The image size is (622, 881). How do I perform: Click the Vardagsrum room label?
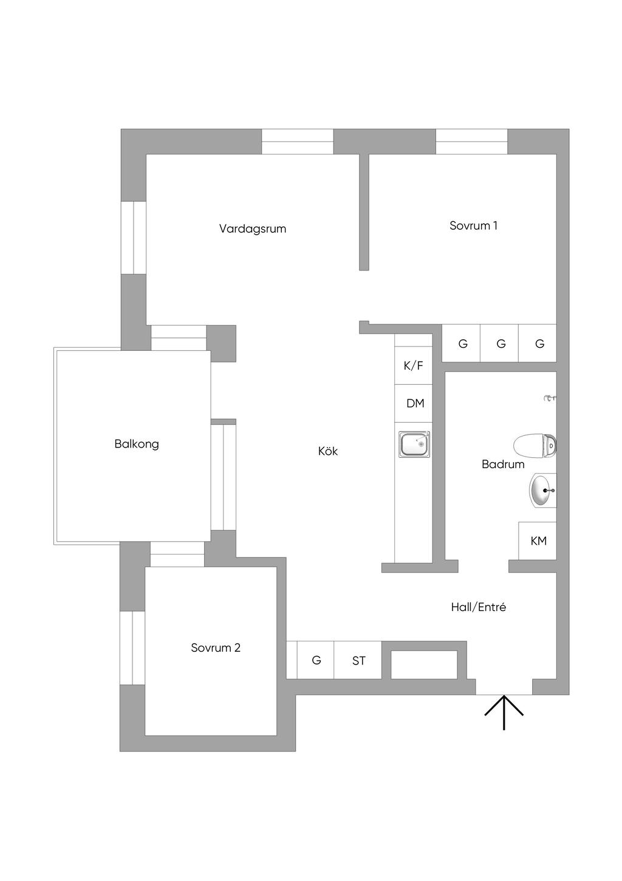click(x=253, y=229)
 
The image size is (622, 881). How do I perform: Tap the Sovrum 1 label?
click(x=473, y=226)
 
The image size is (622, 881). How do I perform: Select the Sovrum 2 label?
click(x=215, y=648)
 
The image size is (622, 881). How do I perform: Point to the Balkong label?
click(x=137, y=444)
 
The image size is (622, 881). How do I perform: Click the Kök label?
click(x=328, y=451)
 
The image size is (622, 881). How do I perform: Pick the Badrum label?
click(x=503, y=465)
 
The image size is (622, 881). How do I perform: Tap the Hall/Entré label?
click(x=478, y=607)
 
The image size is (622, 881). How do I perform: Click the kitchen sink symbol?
click(x=414, y=444)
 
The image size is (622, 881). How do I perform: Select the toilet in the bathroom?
click(x=534, y=446)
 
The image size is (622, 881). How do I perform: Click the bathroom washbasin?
click(x=542, y=490)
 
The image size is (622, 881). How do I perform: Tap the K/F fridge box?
click(x=414, y=366)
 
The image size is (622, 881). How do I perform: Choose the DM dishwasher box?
click(x=415, y=403)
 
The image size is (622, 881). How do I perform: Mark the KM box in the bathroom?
click(x=538, y=541)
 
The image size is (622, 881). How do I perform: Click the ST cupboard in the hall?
click(x=358, y=660)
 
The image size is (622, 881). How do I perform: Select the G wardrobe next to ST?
click(x=316, y=660)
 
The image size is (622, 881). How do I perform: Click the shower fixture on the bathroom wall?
click(x=550, y=398)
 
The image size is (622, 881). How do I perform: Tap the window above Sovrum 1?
click(x=471, y=142)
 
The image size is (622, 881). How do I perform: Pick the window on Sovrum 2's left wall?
click(x=132, y=648)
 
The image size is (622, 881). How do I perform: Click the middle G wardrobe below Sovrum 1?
click(x=501, y=344)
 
